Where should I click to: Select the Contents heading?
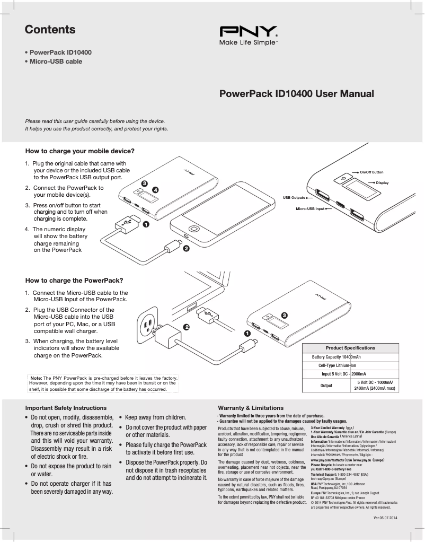point(50,30)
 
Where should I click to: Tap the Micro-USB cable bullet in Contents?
point(56,62)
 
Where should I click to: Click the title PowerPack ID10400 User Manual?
point(296,94)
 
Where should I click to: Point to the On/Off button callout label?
point(371,172)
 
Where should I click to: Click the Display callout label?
point(382,182)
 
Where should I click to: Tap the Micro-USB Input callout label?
point(310,209)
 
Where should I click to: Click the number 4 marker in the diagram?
point(155,189)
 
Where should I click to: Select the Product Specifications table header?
point(350,348)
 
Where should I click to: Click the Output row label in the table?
point(326,386)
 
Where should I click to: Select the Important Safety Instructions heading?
point(66,408)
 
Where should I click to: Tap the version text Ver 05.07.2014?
point(385,517)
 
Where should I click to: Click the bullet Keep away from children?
point(155,417)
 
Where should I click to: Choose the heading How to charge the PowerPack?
point(74,280)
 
